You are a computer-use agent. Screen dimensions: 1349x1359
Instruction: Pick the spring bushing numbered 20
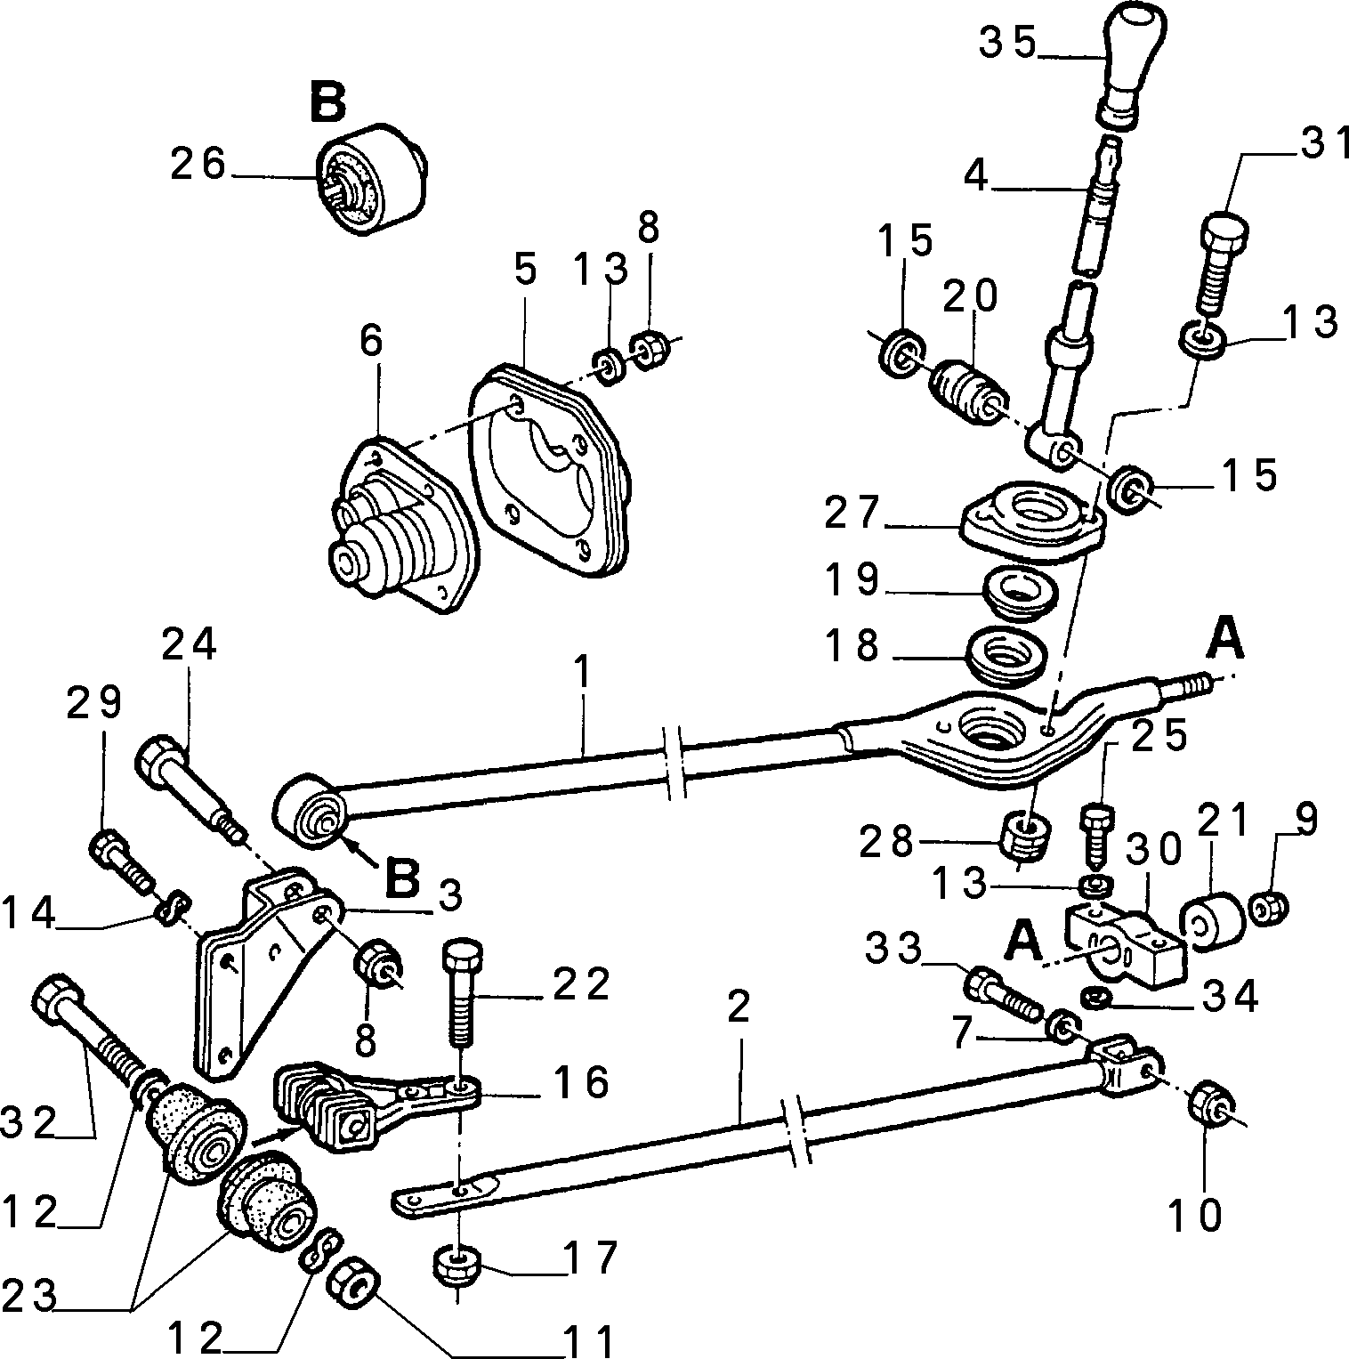click(968, 393)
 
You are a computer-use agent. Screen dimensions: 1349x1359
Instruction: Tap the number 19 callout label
click(852, 580)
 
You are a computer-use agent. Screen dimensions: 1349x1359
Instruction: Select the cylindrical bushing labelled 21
click(1211, 921)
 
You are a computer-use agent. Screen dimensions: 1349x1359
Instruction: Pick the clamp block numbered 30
click(1126, 942)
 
